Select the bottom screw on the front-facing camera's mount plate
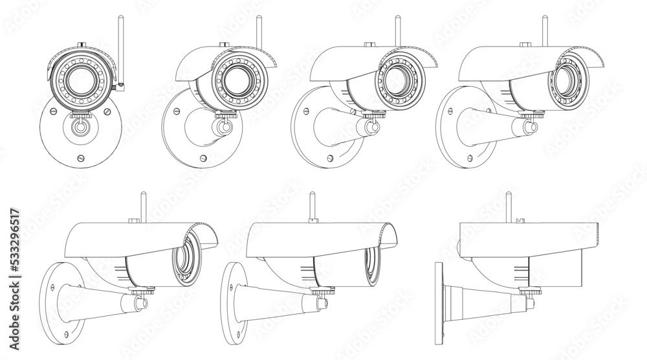click(81, 157)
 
